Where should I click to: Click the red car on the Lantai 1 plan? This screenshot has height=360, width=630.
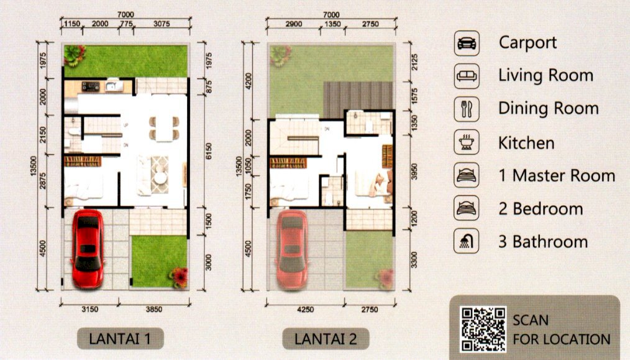tap(88, 249)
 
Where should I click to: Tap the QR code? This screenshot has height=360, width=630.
tap(483, 330)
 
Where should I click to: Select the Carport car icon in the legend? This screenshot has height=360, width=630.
tap(467, 43)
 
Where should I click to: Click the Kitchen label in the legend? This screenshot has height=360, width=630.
tap(526, 143)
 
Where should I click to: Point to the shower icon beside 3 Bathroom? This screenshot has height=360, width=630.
tap(467, 241)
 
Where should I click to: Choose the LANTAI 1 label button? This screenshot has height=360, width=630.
tap(120, 339)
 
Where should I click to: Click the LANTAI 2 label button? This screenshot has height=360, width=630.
tap(326, 339)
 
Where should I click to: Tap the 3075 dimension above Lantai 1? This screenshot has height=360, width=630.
tap(162, 24)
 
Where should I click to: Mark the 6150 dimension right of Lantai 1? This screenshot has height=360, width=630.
tap(208, 151)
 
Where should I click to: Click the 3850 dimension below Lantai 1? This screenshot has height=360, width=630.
tap(154, 309)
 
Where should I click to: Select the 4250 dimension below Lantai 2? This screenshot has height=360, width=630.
tap(305, 309)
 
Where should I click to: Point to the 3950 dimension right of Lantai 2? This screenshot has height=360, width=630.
tap(414, 172)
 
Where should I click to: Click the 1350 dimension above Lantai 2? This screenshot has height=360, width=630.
tap(332, 24)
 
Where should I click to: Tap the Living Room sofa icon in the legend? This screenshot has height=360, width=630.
tap(467, 76)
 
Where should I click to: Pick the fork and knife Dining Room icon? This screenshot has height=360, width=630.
tap(467, 109)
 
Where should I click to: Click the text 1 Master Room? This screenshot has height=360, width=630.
tap(557, 176)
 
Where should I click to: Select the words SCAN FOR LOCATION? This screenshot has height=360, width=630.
tap(561, 330)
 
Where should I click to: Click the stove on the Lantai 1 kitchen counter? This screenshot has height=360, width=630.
tap(91, 86)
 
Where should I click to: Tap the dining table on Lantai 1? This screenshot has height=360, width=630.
tap(164, 128)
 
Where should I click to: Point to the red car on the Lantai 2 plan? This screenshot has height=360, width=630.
tap(292, 249)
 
